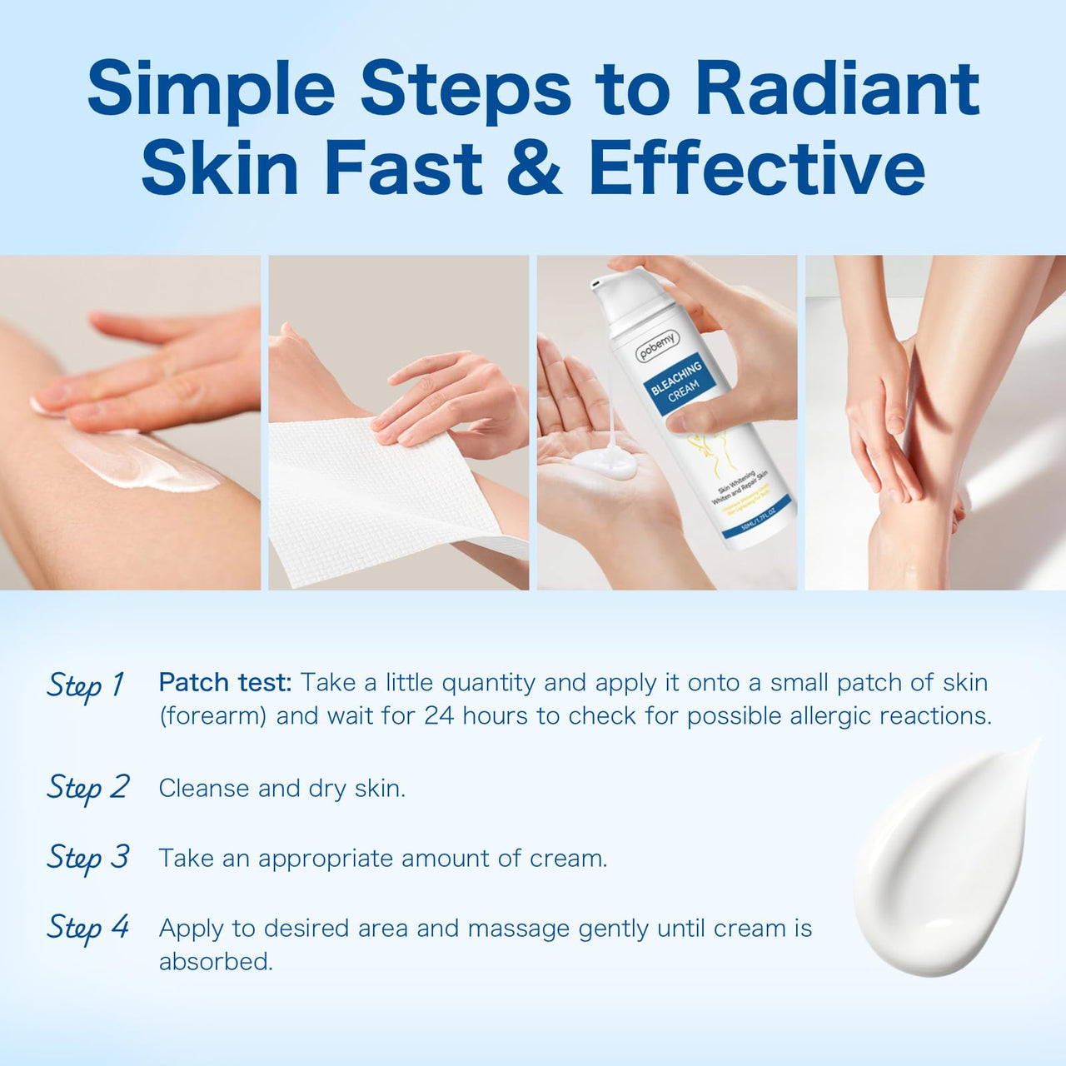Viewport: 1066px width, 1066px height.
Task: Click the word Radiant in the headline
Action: (837, 88)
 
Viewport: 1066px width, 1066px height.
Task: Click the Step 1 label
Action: (86, 685)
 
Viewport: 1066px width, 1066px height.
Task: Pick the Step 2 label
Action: (87, 787)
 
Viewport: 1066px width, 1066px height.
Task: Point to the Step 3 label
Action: (87, 857)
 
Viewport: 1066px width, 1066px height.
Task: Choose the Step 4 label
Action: (87, 927)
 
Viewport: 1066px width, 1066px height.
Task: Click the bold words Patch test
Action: (225, 682)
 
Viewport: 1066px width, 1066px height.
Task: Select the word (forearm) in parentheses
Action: (212, 716)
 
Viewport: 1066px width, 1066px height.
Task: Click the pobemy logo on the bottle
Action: (658, 346)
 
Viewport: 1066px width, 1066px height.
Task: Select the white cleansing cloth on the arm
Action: (383, 500)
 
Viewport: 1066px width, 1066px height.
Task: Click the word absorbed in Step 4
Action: (216, 962)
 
